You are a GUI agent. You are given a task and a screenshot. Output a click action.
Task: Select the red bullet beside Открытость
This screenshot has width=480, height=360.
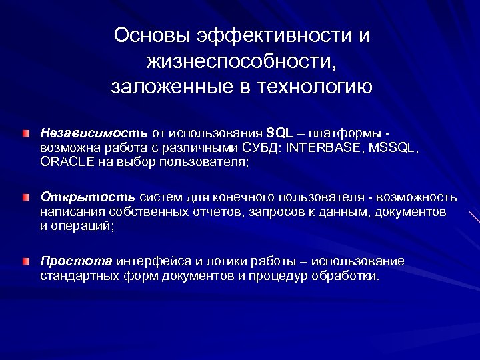(x=25, y=199)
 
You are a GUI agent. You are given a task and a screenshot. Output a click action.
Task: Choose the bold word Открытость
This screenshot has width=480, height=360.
(x=88, y=197)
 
